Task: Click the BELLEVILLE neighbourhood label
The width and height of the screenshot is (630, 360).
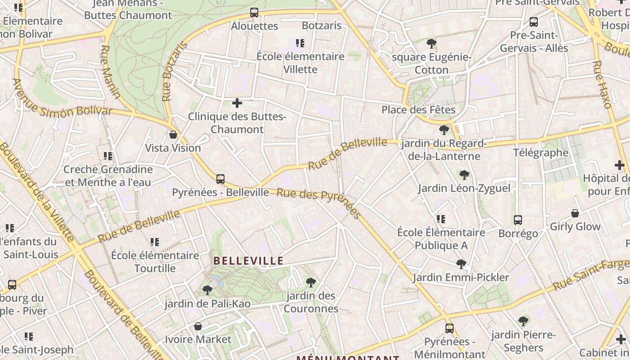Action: pyautogui.click(x=248, y=261)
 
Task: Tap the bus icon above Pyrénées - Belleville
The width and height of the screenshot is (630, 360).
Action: pyautogui.click(x=220, y=179)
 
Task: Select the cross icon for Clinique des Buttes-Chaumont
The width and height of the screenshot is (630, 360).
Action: pyautogui.click(x=237, y=103)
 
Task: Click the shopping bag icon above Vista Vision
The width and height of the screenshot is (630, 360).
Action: pyautogui.click(x=173, y=135)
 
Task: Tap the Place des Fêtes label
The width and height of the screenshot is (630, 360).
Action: pyautogui.click(x=418, y=110)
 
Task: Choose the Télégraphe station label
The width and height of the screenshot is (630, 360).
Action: pyautogui.click(x=541, y=153)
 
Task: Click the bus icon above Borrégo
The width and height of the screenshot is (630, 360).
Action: pyautogui.click(x=518, y=220)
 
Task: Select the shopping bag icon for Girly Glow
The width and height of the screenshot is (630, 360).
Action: pyautogui.click(x=575, y=213)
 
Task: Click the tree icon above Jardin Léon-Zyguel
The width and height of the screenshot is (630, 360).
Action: pyautogui.click(x=464, y=175)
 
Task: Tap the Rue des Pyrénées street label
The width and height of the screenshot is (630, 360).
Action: pyautogui.click(x=319, y=203)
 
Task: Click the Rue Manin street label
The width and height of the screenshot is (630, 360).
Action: pyautogui.click(x=110, y=72)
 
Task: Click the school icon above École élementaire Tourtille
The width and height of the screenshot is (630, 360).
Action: pyautogui.click(x=155, y=242)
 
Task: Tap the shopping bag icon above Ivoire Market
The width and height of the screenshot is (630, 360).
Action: pyautogui.click(x=198, y=326)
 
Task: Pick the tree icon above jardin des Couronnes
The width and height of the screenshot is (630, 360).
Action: pyautogui.click(x=310, y=283)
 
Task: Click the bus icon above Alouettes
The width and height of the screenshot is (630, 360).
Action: pyautogui.click(x=254, y=13)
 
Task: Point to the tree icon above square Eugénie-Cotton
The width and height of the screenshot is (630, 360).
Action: pyautogui.click(x=432, y=44)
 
